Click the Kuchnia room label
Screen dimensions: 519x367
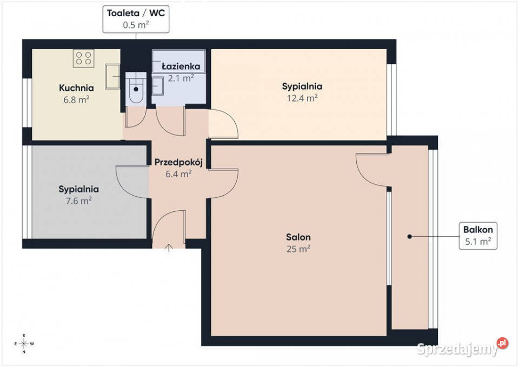point(76,88)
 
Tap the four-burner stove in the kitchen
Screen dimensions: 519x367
point(83,58)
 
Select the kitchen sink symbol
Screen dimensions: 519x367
point(112,76)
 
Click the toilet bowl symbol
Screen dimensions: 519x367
point(136,88)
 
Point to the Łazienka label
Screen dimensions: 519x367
point(181,66)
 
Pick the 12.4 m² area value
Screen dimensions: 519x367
point(302,98)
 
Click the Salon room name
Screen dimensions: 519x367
point(298,237)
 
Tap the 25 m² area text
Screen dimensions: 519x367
point(298,249)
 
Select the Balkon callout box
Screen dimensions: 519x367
point(478,236)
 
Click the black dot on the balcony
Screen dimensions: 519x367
point(409,237)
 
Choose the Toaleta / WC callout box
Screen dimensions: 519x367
point(136,19)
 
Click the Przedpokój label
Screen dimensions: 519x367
point(178,163)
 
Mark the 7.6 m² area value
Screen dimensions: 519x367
point(78,201)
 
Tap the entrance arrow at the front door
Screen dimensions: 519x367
point(169,248)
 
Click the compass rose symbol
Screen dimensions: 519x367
point(24,344)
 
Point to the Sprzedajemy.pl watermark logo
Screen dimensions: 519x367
point(462,348)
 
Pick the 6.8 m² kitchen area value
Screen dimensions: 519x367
point(76,99)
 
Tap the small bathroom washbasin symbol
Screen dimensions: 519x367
point(157,86)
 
